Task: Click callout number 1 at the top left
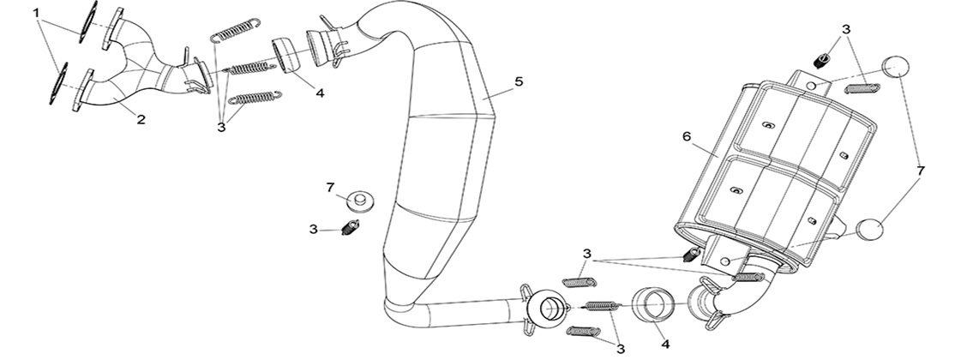(x=36, y=13)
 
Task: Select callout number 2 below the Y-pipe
(x=140, y=120)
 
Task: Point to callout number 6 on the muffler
(x=686, y=136)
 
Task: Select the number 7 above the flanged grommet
(x=329, y=187)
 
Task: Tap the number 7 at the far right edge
(x=921, y=171)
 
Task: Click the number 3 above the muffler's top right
(x=846, y=29)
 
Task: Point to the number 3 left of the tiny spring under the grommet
(x=315, y=229)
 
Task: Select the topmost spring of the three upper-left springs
(x=234, y=28)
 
